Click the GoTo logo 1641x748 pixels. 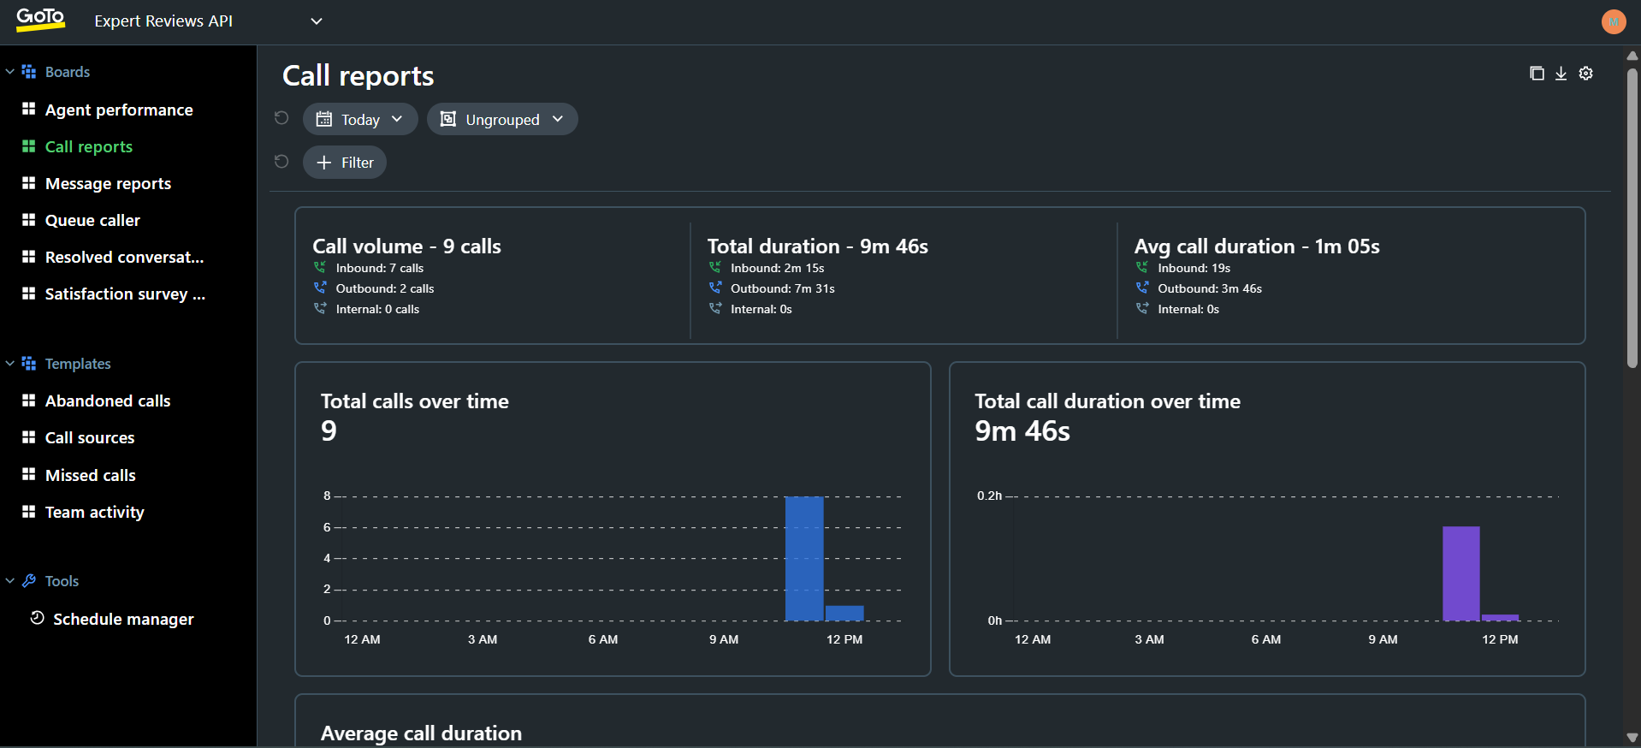(40, 19)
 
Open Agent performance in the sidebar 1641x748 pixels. (118, 110)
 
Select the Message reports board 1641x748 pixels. (108, 183)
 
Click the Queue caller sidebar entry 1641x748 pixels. (92, 220)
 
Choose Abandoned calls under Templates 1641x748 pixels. (108, 401)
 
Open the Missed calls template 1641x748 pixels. (90, 475)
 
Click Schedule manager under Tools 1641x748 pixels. (123, 619)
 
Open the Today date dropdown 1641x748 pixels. (359, 119)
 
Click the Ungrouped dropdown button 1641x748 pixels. (502, 119)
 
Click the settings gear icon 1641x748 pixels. (1585, 74)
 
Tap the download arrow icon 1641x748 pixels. (1561, 74)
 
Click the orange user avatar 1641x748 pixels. (1613, 21)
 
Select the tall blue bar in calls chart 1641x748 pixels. (804, 558)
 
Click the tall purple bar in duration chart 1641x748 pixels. (1460, 573)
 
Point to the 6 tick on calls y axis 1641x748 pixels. (327, 527)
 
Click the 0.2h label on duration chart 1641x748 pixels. (989, 496)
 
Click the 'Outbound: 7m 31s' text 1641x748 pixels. (782, 288)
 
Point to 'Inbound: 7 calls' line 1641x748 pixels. (379, 268)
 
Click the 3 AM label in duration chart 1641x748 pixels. (1149, 639)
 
